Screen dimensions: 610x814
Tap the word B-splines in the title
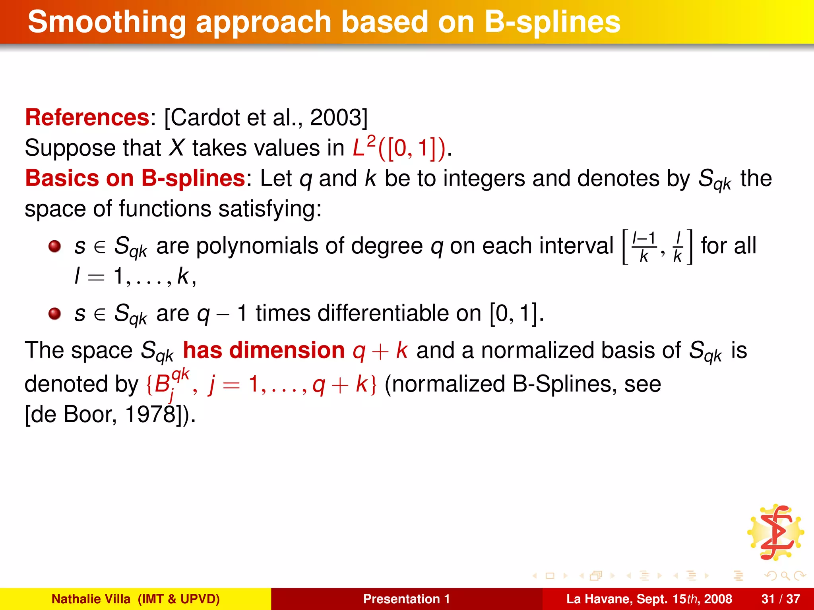coord(552,23)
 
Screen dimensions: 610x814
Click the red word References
coord(87,118)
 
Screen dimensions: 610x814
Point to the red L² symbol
coord(363,147)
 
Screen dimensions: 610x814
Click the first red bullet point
coord(54,247)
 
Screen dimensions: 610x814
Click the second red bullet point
coord(54,314)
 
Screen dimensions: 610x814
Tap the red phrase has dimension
coord(264,351)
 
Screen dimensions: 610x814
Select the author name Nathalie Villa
coord(91,599)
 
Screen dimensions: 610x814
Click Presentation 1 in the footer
coord(406,599)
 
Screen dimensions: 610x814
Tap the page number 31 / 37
coord(781,599)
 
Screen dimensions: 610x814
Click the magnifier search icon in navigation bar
coord(785,576)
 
